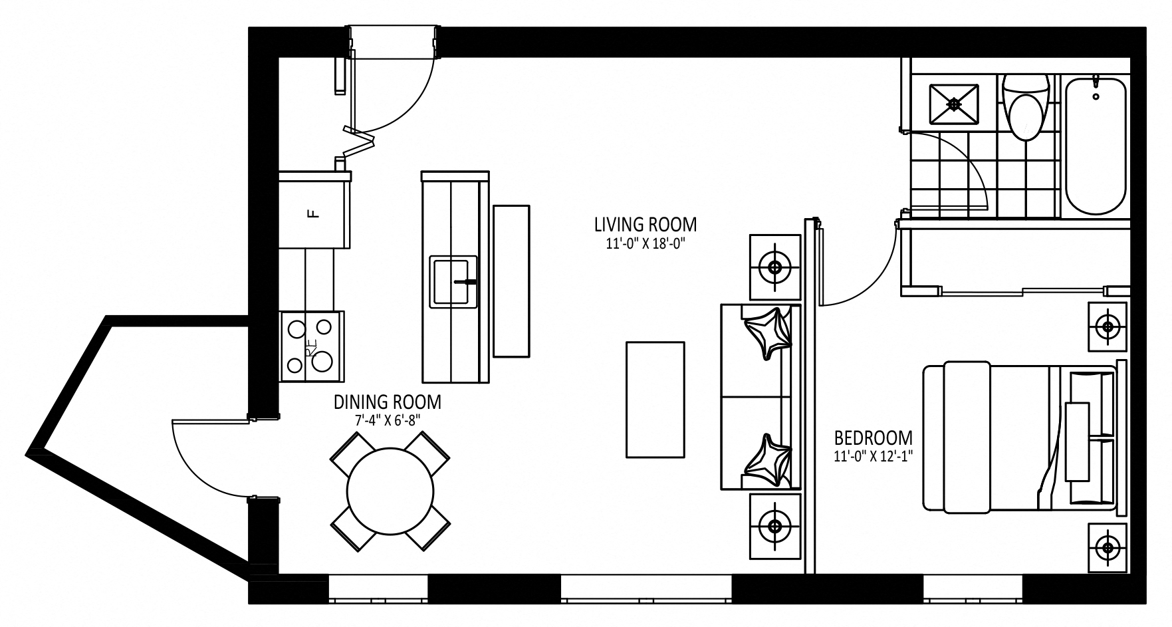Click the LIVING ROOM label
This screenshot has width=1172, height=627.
(x=645, y=224)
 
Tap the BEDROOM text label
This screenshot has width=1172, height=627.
(x=874, y=438)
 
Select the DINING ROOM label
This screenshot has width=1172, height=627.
(x=387, y=402)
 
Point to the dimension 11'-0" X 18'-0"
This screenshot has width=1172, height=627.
(x=645, y=244)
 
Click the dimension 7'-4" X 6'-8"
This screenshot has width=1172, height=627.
(x=388, y=420)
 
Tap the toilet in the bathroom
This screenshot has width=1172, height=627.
(x=1025, y=106)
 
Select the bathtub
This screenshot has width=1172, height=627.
(x=1096, y=146)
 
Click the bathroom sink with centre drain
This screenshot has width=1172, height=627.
(x=955, y=104)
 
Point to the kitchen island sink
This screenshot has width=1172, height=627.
(x=454, y=281)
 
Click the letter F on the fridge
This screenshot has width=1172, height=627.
(x=310, y=213)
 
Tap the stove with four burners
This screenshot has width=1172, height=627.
(x=312, y=346)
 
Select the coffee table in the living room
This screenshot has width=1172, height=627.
(x=655, y=399)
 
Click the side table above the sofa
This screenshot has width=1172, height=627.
(x=775, y=267)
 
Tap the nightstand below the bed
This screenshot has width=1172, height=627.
(x=1108, y=548)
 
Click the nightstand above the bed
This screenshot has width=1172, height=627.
(x=1108, y=326)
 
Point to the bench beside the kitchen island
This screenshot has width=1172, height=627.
(x=511, y=281)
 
